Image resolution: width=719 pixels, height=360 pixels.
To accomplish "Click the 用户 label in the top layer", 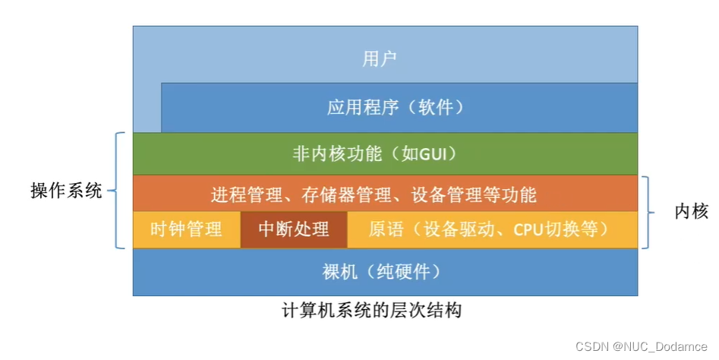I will [x=380, y=58].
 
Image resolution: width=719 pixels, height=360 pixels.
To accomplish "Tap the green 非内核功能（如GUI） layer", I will [x=384, y=153].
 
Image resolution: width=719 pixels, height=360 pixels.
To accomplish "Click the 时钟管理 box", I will [x=186, y=229].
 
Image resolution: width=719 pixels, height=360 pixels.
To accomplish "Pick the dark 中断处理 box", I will [x=294, y=229].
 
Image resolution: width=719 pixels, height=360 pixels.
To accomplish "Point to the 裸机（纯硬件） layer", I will [x=384, y=272].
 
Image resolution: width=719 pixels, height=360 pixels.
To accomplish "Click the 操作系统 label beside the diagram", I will [x=66, y=191].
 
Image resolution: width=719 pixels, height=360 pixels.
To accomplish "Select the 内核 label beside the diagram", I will [x=691, y=213].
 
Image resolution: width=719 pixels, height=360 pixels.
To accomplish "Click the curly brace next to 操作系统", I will [x=118, y=190].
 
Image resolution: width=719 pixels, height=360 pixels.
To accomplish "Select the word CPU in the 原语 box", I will [x=528, y=229].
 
